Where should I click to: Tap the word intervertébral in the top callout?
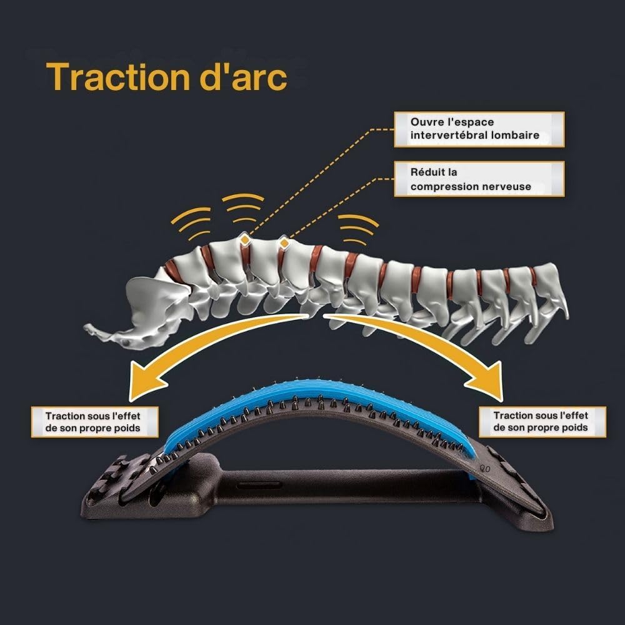pos(445,135)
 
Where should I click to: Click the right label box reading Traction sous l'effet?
pos(541,422)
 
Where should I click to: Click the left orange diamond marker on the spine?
pos(246,239)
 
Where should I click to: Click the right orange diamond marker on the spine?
pos(284,241)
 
